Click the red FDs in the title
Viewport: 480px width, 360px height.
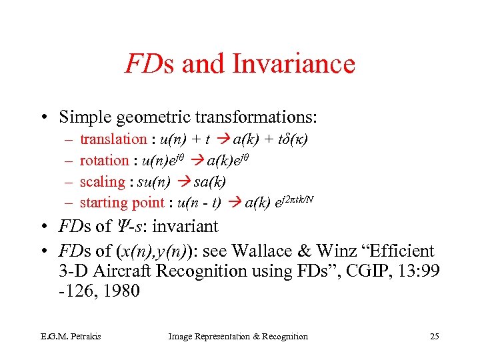click(x=150, y=65)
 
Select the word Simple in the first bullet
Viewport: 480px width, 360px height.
click(x=83, y=117)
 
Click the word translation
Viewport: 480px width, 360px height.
click(x=113, y=139)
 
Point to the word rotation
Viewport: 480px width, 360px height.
click(x=104, y=161)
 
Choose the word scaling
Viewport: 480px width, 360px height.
click(x=102, y=182)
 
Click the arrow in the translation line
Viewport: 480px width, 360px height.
click(x=225, y=139)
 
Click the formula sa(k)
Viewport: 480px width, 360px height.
click(x=209, y=182)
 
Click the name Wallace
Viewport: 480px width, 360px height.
click(x=291, y=251)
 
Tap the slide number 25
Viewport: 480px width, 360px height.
click(x=434, y=337)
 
